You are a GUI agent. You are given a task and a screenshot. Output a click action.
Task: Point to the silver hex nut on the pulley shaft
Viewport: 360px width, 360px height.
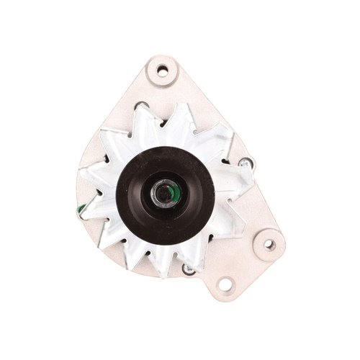[x=164, y=194]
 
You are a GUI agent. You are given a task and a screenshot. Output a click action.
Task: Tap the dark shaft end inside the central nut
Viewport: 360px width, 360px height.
[x=165, y=194]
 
